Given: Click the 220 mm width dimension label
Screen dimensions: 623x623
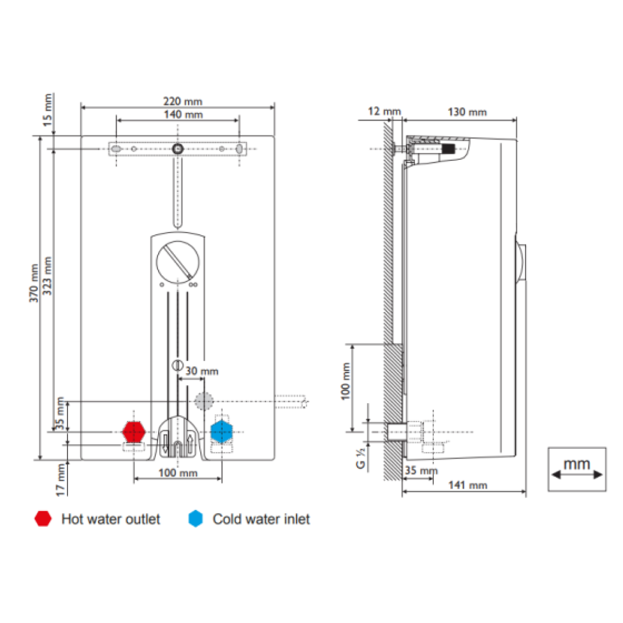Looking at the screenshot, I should point(178,102).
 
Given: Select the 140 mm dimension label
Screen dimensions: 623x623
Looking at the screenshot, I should point(178,114).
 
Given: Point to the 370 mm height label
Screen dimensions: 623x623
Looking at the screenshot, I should point(34,283).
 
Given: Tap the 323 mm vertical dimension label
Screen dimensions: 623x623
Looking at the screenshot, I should point(47,276).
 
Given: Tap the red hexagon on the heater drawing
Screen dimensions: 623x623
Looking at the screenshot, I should point(134,431).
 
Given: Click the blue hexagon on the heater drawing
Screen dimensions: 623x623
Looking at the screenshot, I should point(221,431).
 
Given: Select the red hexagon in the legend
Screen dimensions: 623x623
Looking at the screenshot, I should point(43,519).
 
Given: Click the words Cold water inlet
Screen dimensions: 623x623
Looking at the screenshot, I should point(261,519).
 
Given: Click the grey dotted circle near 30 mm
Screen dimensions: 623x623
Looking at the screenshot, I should point(202,401).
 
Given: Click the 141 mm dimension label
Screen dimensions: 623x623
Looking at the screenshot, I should point(468,485).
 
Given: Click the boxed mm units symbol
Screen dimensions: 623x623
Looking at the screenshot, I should point(577,469).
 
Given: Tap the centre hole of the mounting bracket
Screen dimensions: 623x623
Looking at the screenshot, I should point(178,149).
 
